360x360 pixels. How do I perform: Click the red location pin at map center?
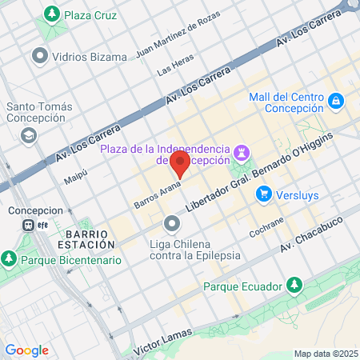point(180,166)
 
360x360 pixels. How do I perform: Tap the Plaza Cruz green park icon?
point(53,14)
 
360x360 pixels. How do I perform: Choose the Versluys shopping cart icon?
point(263,194)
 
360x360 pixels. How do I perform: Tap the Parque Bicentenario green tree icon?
point(9,259)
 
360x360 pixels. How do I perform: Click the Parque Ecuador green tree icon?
point(295,285)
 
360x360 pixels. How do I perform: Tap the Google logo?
point(27,350)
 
